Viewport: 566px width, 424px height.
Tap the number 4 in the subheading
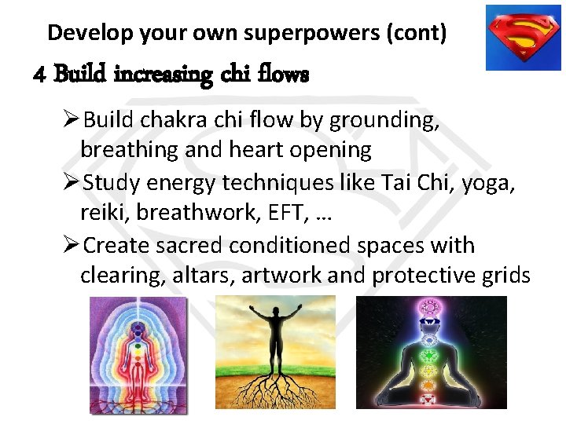coord(41,75)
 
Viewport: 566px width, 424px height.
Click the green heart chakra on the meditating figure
coord(430,355)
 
